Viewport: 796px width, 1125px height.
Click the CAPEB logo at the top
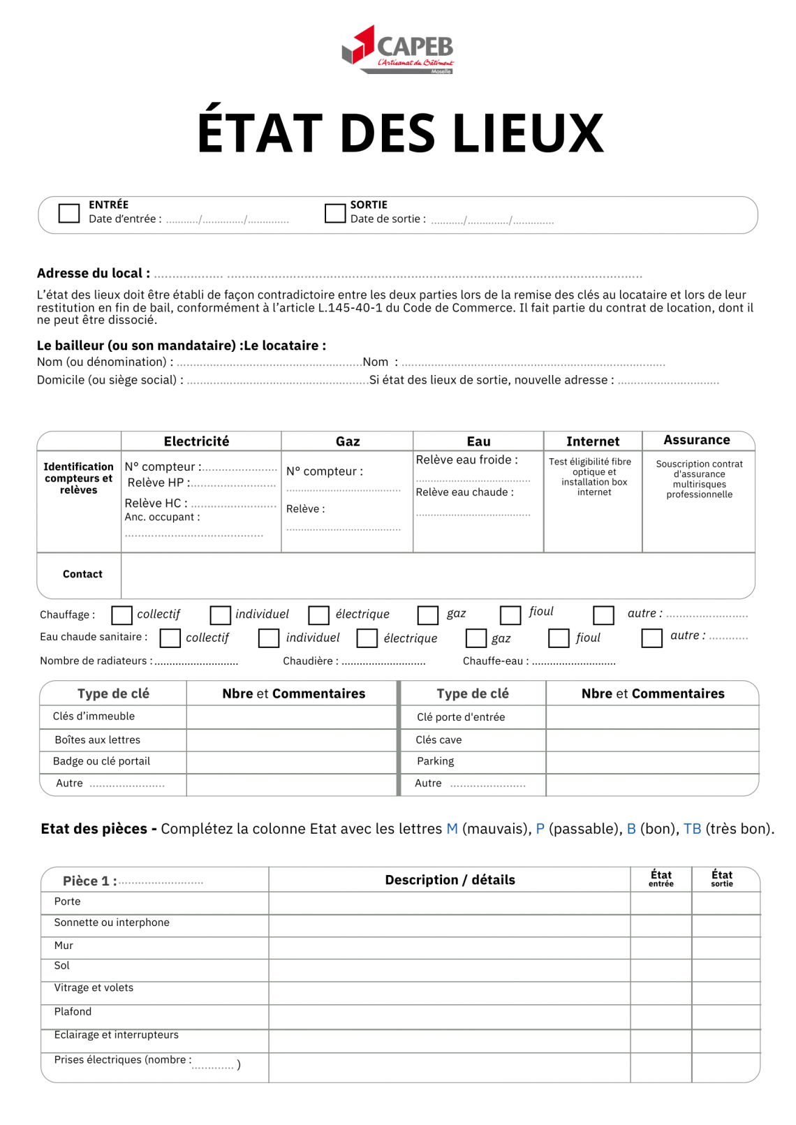398,49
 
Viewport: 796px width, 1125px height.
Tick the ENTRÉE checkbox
69,213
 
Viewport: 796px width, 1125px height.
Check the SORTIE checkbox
335,213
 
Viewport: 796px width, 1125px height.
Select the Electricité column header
196,441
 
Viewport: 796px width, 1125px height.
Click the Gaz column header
348,441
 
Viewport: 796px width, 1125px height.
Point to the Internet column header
593,441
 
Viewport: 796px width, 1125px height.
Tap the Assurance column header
696,440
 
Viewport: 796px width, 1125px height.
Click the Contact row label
82,574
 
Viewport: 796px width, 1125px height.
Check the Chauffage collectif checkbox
122,615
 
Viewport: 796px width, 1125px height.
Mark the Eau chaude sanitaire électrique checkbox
367,638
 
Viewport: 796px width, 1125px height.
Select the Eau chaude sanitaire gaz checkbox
476,638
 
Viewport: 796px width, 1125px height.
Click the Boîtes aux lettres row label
98,740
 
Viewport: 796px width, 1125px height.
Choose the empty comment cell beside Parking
652,762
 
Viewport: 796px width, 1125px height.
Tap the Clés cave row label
438,740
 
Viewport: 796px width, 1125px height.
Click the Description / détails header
450,880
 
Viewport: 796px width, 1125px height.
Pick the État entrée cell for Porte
661,902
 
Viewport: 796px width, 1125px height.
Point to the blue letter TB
692,829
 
